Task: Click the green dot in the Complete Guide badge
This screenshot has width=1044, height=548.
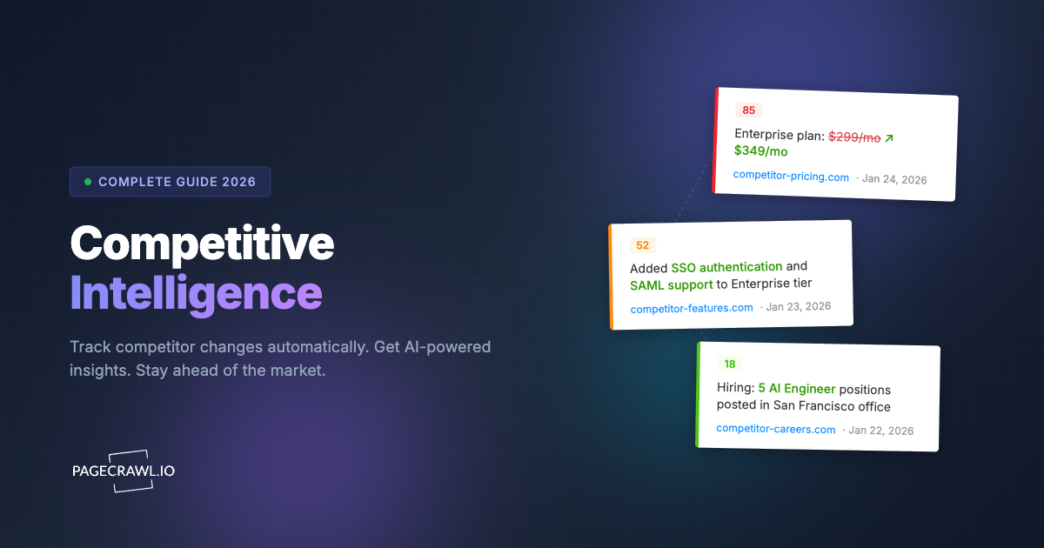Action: (88, 182)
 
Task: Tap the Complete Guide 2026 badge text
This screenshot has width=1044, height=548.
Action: (177, 182)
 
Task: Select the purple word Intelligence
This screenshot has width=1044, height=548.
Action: (196, 294)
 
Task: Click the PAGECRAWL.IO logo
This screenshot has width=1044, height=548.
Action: (123, 471)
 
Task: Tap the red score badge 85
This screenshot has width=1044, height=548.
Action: (748, 110)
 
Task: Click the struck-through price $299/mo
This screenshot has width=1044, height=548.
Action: (854, 137)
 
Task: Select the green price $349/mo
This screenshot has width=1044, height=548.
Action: (760, 151)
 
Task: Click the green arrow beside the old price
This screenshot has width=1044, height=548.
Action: (889, 138)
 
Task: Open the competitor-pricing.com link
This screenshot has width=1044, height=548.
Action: (791, 177)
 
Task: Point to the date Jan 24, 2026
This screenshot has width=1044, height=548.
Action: (894, 179)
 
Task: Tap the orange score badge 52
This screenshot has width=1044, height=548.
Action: (643, 245)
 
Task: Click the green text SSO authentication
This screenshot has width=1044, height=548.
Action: (726, 267)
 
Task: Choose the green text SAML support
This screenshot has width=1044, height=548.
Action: (671, 284)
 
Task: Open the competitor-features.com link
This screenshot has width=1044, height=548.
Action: (692, 308)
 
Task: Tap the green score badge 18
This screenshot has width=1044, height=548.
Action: (729, 364)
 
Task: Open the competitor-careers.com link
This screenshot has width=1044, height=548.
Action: (775, 429)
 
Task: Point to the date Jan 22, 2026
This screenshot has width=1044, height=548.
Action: (880, 431)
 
